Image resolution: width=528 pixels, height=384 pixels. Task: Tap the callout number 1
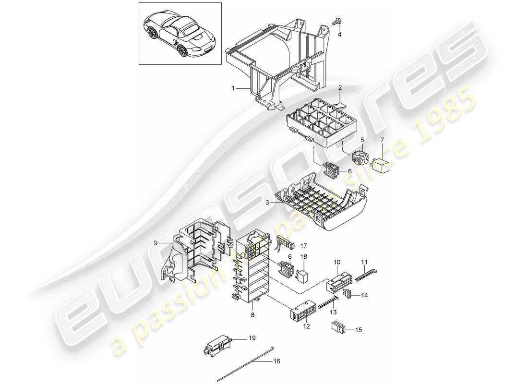coord(233,88)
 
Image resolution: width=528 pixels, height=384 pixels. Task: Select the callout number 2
coord(339,88)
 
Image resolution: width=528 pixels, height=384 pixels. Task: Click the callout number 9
coord(156,243)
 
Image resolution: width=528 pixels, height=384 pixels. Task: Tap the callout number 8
coord(252,315)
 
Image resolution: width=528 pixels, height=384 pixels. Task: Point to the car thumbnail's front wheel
coord(154,34)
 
